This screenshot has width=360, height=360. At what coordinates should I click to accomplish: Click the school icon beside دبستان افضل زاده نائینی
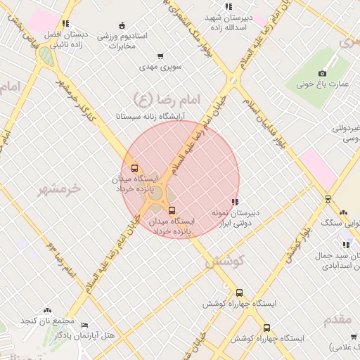pyautogui.click(x=65, y=23)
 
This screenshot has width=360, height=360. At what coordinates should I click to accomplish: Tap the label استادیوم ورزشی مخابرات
pyautogui.click(x=122, y=40)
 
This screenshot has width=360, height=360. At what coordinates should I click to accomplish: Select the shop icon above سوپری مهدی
pyautogui.click(x=161, y=56)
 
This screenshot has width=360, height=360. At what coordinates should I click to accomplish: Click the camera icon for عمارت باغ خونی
pyautogui.click(x=323, y=73)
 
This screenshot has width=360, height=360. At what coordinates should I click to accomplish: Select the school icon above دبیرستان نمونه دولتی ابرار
pyautogui.click(x=235, y=202)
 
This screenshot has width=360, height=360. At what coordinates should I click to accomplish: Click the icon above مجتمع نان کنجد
pyautogui.click(x=47, y=310)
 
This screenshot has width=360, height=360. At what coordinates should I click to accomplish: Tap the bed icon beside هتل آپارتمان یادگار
pyautogui.click(x=85, y=325)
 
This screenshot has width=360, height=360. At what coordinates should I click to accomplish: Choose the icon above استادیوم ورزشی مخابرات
pyautogui.click(x=122, y=25)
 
